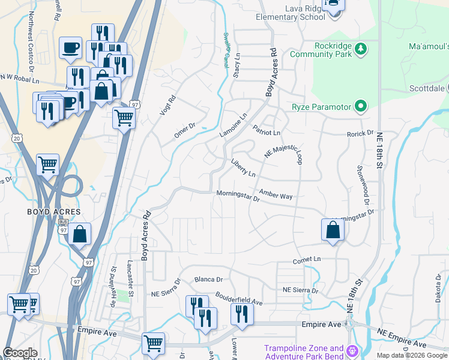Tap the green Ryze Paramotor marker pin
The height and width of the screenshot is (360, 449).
(x=360, y=107)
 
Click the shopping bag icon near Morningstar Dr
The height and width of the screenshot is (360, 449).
(x=333, y=230)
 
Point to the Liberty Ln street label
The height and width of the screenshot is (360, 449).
(x=243, y=167)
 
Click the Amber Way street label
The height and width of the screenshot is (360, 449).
(x=276, y=195)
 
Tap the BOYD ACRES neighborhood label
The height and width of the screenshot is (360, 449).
(x=53, y=212)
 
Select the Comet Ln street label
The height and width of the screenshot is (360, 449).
(x=307, y=260)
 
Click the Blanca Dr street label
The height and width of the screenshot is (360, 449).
(x=208, y=280)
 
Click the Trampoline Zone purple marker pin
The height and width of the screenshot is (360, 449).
(x=352, y=350)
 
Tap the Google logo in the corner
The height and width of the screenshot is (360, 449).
(x=20, y=353)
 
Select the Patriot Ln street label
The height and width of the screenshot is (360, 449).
(x=267, y=130)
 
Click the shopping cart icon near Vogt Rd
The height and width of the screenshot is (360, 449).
(x=124, y=118)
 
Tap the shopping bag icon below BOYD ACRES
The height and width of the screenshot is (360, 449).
(x=80, y=234)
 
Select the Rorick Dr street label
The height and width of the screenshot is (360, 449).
(x=360, y=133)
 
